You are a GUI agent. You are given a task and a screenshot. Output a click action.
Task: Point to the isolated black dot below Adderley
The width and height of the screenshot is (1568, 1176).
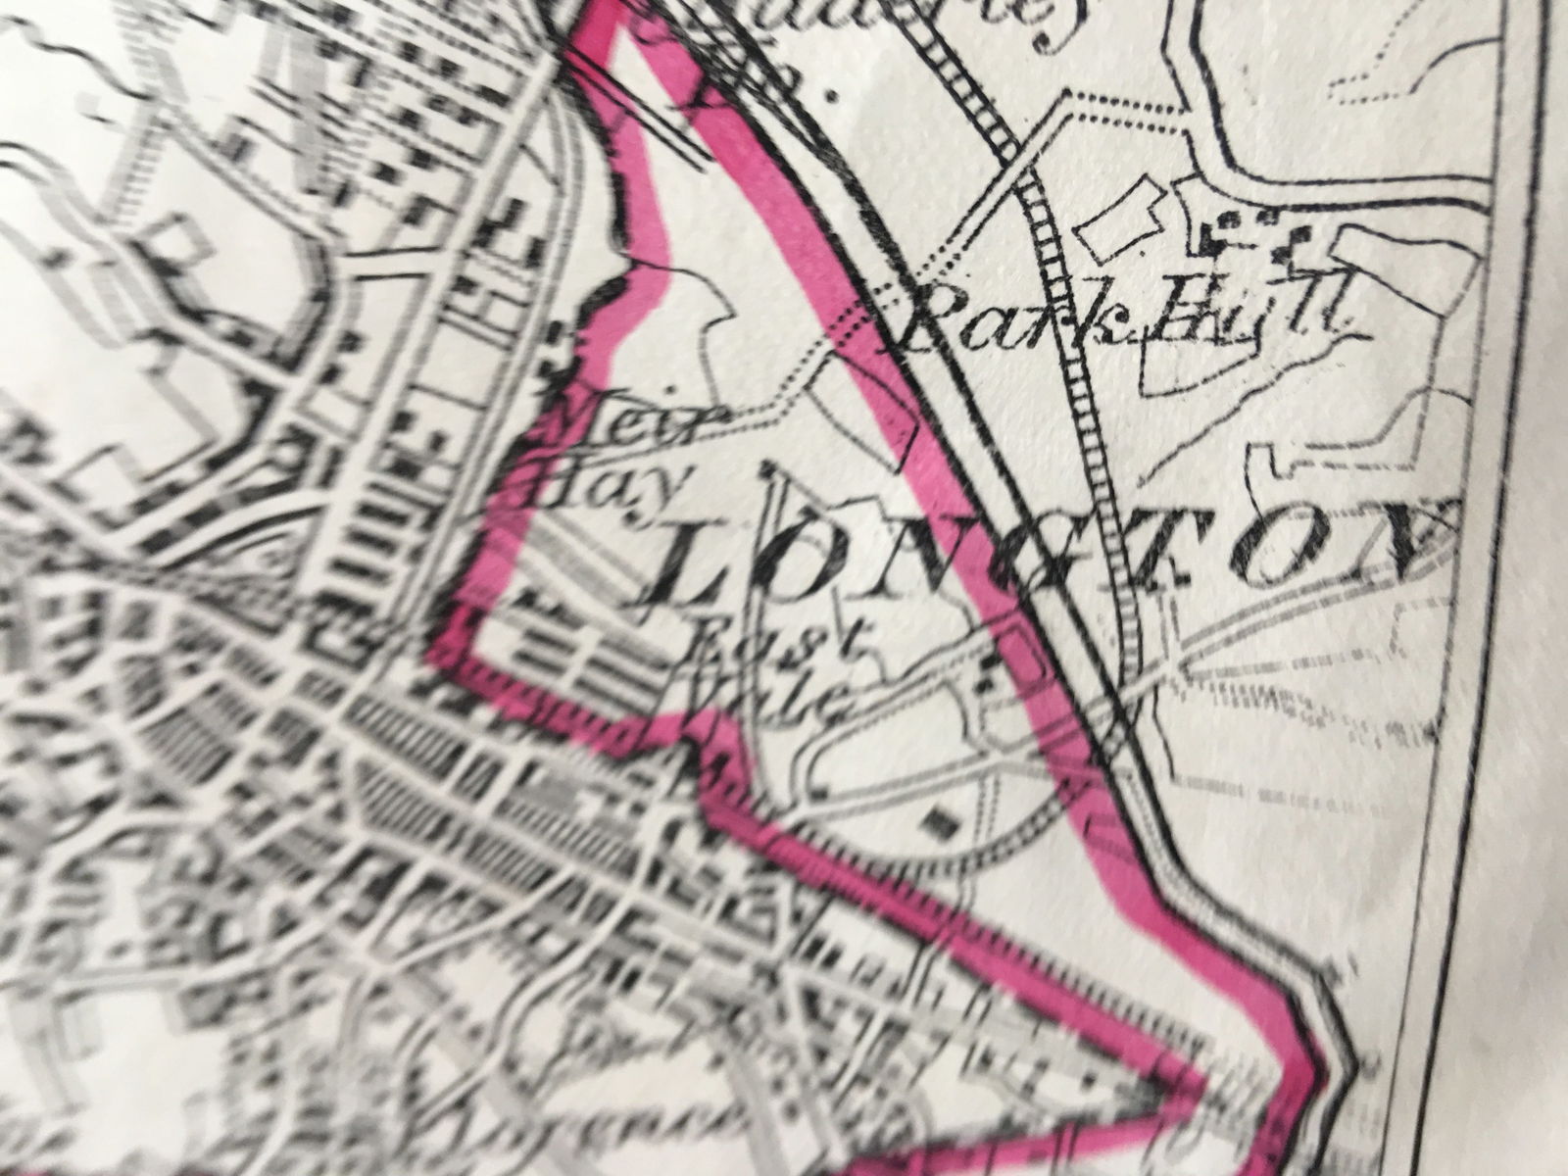[834, 97]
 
